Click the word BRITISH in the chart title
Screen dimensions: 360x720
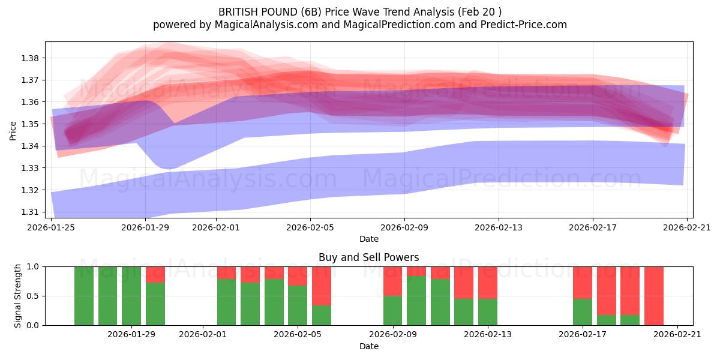(x=240, y=11)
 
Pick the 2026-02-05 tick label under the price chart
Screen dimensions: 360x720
(x=310, y=227)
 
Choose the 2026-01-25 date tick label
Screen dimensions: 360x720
(x=52, y=227)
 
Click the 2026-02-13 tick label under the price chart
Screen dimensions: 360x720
(x=499, y=227)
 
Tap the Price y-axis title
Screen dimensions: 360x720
(x=13, y=130)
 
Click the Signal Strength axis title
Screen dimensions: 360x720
(x=18, y=296)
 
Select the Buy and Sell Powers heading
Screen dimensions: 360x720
(x=368, y=257)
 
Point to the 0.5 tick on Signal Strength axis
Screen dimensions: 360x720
(x=34, y=296)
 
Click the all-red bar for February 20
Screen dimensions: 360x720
(x=653, y=296)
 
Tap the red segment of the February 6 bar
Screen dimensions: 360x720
(x=322, y=286)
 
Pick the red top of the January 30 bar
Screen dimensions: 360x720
(x=155, y=274)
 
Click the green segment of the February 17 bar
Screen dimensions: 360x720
(x=583, y=312)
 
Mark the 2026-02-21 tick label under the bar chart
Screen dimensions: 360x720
(x=677, y=335)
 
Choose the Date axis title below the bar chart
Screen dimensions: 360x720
(x=368, y=346)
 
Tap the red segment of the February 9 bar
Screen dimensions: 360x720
(x=392, y=281)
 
